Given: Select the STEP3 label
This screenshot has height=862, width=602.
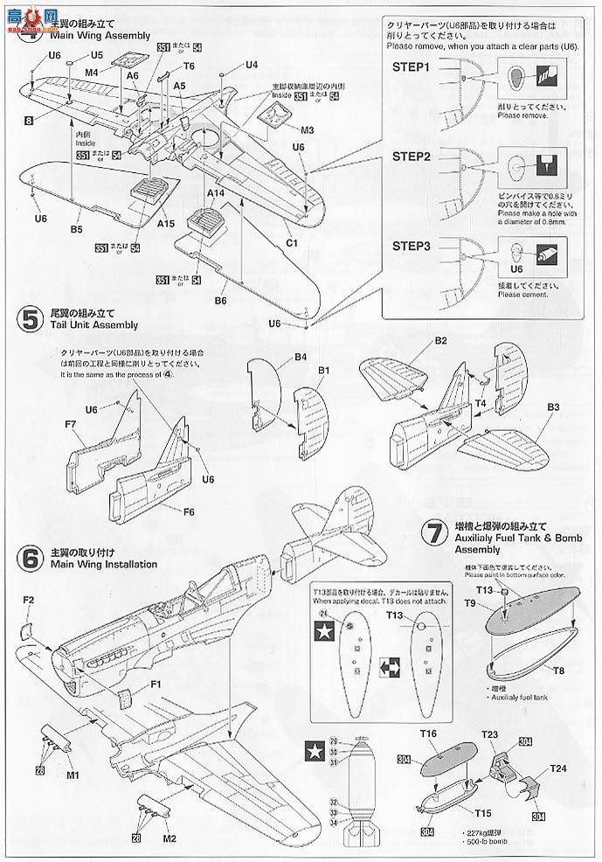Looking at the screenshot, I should [x=412, y=247].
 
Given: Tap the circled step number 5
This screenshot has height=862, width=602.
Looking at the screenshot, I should [x=31, y=319].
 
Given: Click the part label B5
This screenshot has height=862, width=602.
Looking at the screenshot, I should [x=76, y=230].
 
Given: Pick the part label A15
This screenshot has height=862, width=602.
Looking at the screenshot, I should [x=167, y=223].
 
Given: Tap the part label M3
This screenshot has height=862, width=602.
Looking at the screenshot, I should [x=307, y=130].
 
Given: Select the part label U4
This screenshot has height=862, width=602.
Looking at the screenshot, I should [x=252, y=64].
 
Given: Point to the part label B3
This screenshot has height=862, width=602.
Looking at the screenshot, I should [x=552, y=407].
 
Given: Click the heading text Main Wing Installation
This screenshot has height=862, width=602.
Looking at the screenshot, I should [x=104, y=564].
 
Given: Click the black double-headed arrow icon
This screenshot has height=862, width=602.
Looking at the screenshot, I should [x=391, y=668].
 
